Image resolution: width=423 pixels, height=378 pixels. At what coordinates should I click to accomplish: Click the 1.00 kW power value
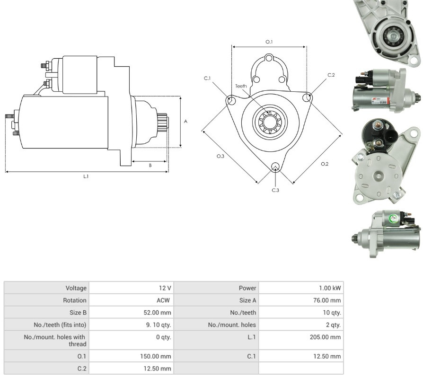pyautogui.click(x=330, y=288)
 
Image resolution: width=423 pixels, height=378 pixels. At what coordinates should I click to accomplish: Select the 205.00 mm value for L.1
pyautogui.click(x=325, y=337)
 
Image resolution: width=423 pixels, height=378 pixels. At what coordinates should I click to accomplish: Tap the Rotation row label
pyautogui.click(x=75, y=300)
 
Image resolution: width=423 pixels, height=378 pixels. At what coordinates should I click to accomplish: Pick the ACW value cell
pyautogui.click(x=163, y=300)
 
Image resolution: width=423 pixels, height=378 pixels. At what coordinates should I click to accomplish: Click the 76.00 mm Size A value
pyautogui.click(x=327, y=300)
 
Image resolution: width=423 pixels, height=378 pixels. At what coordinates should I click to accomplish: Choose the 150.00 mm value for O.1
pyautogui.click(x=155, y=356)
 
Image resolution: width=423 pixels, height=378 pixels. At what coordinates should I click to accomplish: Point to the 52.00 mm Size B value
pyautogui.click(x=157, y=312)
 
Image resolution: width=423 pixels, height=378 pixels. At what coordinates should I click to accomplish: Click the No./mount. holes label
pyautogui.click(x=232, y=325)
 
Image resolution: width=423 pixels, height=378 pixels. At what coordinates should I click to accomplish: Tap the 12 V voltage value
pyautogui.click(x=165, y=288)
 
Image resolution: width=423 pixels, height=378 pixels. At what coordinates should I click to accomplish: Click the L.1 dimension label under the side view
pyautogui.click(x=86, y=176)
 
